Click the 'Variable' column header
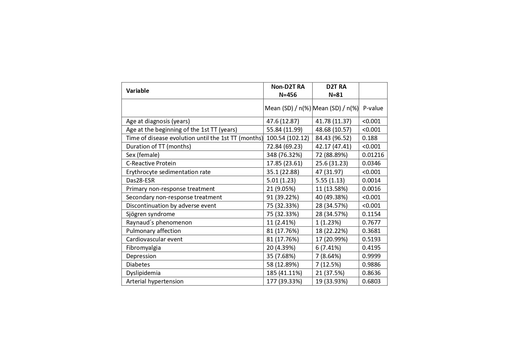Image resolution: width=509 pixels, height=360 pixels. [x=137, y=91]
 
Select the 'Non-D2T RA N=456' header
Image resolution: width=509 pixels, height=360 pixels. [x=288, y=91]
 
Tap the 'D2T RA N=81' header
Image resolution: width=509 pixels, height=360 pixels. [x=336, y=91]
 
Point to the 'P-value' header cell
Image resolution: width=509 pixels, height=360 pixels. [x=373, y=108]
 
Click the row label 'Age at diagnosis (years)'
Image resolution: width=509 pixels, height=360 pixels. [x=158, y=121]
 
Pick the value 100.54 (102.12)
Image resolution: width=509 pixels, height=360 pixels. [x=288, y=138]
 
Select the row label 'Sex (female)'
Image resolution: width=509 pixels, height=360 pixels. [x=143, y=155]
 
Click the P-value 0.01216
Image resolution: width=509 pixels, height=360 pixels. [x=373, y=155]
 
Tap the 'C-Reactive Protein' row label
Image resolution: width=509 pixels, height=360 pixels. [x=151, y=163]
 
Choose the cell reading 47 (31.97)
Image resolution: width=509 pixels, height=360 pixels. [x=329, y=172]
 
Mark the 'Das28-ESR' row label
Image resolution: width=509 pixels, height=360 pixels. [x=140, y=180]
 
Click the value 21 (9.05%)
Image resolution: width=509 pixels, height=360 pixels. [x=281, y=189]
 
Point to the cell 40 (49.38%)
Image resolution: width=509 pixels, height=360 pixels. [x=331, y=197]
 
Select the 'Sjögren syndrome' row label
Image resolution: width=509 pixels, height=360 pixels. [x=151, y=214]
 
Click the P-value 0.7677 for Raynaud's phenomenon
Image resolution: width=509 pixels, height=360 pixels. [x=371, y=222]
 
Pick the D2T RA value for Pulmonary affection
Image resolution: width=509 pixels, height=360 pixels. [x=331, y=231]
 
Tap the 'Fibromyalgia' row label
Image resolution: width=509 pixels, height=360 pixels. [x=143, y=247]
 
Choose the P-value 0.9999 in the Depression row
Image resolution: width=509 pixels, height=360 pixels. [x=371, y=256]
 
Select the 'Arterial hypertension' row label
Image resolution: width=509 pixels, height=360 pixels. [x=155, y=281]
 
